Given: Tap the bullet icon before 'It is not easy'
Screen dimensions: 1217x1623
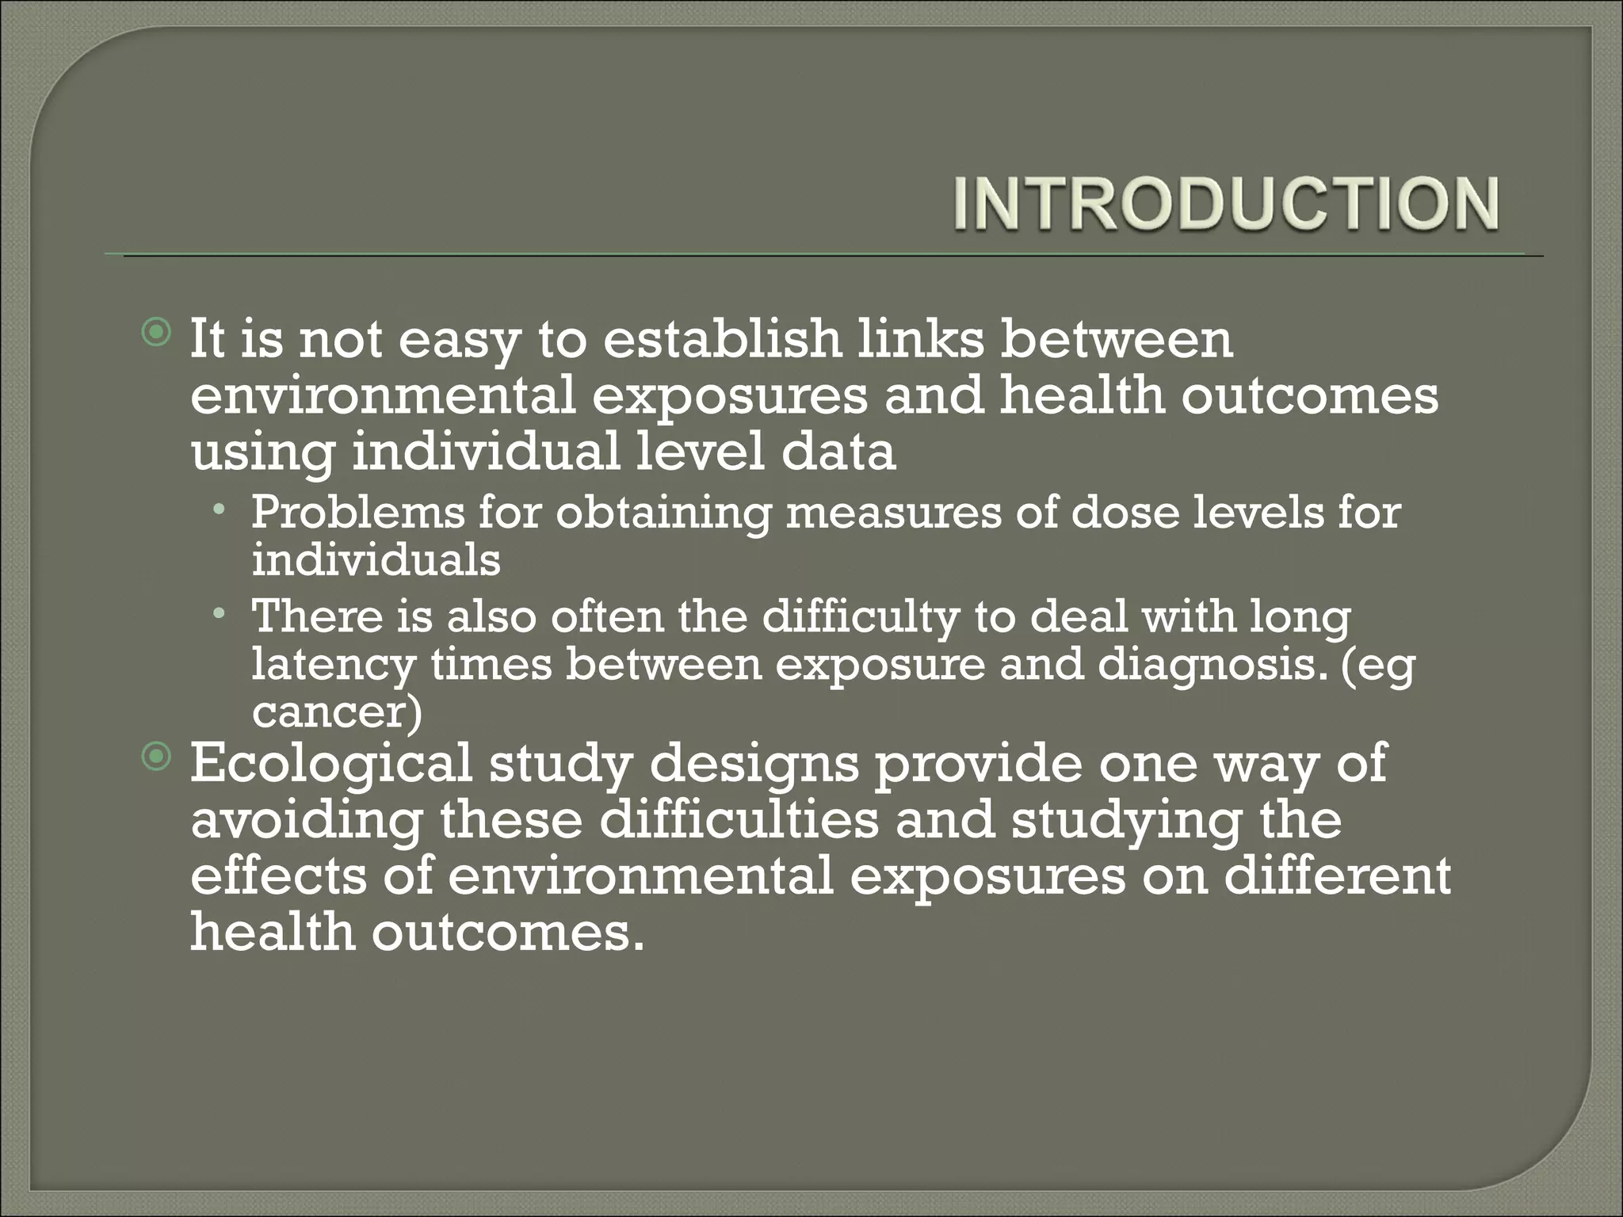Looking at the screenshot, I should pyautogui.click(x=158, y=333).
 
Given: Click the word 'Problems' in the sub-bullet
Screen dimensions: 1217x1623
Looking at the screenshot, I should pyautogui.click(x=357, y=513).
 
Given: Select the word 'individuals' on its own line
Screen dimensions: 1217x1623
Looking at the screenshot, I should pyautogui.click(x=376, y=560).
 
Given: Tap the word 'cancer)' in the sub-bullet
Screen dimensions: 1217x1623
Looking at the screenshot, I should pyautogui.click(x=337, y=712).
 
